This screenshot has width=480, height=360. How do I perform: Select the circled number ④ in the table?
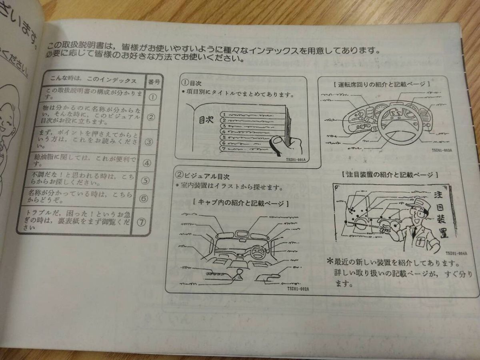coord(146,163)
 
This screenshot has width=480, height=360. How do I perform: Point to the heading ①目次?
coord(191,83)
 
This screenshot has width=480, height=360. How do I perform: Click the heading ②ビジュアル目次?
coord(202,176)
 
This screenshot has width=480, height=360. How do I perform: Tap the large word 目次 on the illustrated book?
coord(206,120)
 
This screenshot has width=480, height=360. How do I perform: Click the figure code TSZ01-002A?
coord(298,288)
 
